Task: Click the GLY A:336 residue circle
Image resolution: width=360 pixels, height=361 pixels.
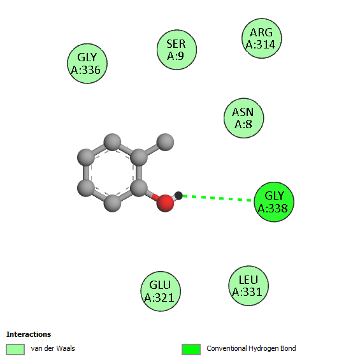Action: click(87, 63)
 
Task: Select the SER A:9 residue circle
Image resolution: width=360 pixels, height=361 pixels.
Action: click(176, 50)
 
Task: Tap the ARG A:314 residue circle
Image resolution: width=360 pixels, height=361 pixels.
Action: click(261, 38)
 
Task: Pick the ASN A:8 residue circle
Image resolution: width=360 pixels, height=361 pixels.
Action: click(244, 118)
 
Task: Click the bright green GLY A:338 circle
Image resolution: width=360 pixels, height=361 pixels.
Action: click(274, 202)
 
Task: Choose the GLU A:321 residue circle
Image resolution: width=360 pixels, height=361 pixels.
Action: click(161, 291)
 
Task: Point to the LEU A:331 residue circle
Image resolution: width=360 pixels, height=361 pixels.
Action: click(248, 286)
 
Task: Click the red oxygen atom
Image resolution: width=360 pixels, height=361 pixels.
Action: click(165, 203)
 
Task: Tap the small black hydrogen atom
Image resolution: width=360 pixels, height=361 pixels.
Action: click(178, 196)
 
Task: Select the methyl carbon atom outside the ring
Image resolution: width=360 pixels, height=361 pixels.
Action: click(165, 142)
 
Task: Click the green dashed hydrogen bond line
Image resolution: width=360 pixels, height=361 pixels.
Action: click(217, 198)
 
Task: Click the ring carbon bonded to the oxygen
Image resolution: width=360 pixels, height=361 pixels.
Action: click(139, 188)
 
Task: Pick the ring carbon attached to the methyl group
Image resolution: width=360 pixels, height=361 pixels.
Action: click(139, 158)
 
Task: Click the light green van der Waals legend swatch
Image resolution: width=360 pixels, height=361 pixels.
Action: click(15, 350)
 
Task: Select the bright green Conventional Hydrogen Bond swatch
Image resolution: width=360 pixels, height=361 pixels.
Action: click(191, 350)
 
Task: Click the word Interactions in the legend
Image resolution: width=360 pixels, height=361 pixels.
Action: click(29, 334)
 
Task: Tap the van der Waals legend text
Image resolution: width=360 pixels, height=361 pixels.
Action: click(53, 348)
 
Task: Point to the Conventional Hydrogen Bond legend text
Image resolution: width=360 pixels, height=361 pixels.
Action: click(251, 348)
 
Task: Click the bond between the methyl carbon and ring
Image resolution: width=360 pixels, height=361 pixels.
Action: click(152, 150)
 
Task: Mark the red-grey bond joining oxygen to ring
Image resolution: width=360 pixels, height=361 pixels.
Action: click(152, 196)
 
